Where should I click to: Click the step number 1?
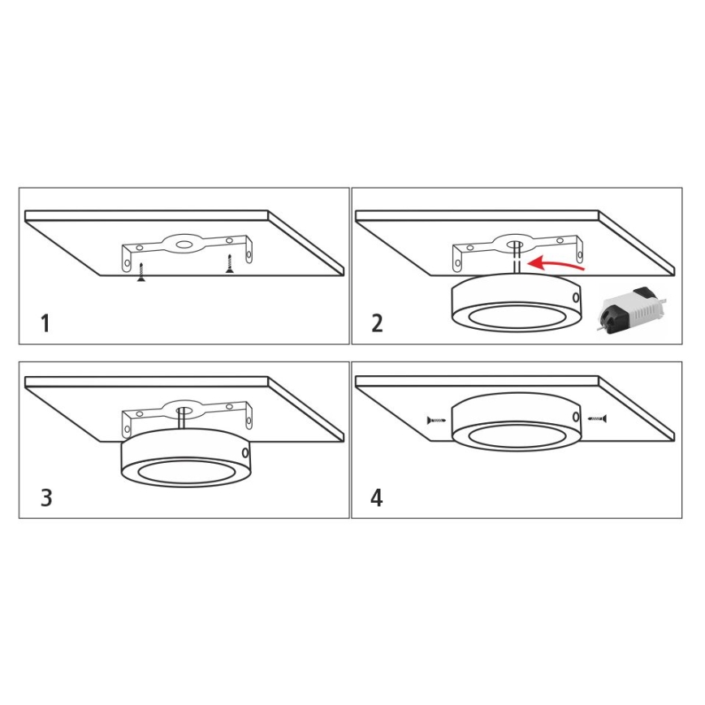coord(45,323)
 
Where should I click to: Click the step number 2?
coord(377,323)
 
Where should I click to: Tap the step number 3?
coord(46,497)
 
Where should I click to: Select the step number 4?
coord(377,497)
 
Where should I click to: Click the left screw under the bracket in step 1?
coord(141,271)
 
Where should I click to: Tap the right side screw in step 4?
coord(598,418)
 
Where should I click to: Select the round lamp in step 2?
coord(515,304)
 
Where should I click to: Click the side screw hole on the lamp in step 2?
coord(576,298)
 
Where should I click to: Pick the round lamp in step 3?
coord(184,458)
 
